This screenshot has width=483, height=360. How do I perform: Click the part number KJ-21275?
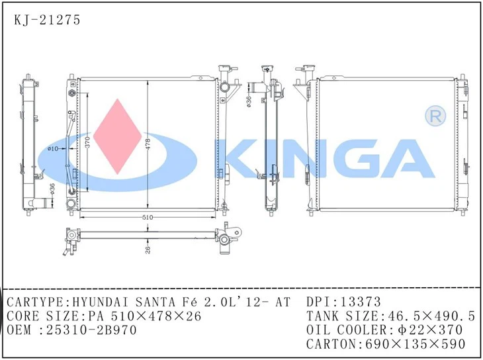pos(47,20)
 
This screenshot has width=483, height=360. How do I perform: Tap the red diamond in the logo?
pos(118,137)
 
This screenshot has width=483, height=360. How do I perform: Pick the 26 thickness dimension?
pos(148,249)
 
